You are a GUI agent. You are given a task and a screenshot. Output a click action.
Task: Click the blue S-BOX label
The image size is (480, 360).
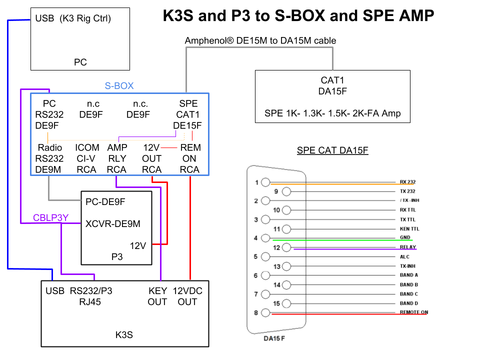[x=119, y=85]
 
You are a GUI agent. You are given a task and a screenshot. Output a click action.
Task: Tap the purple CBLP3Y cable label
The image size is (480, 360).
[x=50, y=217]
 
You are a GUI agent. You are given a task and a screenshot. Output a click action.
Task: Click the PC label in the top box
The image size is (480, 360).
[x=80, y=62]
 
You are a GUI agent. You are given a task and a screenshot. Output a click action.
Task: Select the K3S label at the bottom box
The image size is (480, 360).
[x=124, y=334]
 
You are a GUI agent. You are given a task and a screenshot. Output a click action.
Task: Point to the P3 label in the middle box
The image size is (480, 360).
[x=116, y=256]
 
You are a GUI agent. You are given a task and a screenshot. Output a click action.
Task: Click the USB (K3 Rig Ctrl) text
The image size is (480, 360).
[x=73, y=19]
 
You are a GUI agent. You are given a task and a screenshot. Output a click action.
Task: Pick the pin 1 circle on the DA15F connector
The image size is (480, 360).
[x=265, y=182]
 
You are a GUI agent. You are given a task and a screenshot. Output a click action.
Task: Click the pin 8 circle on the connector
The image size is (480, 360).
[x=265, y=313]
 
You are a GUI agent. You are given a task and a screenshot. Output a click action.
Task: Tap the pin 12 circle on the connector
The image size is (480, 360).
[x=286, y=247]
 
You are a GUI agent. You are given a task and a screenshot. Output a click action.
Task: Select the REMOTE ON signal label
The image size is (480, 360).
[x=413, y=312]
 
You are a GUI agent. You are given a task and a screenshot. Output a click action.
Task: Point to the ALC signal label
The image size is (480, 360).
[x=404, y=256]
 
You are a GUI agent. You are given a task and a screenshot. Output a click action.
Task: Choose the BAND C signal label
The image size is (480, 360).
[x=409, y=294]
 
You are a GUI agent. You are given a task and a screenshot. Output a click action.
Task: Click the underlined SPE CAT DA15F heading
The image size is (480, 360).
[x=332, y=150]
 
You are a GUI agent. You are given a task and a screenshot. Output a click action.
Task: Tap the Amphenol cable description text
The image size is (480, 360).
[x=260, y=40]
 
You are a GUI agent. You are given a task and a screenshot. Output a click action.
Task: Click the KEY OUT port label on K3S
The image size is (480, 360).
[x=157, y=296]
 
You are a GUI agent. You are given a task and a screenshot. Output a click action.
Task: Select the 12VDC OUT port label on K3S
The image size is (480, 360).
[x=187, y=296]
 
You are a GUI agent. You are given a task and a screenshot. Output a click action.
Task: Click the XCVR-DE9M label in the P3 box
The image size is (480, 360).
[x=113, y=223]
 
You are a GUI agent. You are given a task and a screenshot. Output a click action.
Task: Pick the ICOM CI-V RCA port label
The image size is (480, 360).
[x=87, y=158]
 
